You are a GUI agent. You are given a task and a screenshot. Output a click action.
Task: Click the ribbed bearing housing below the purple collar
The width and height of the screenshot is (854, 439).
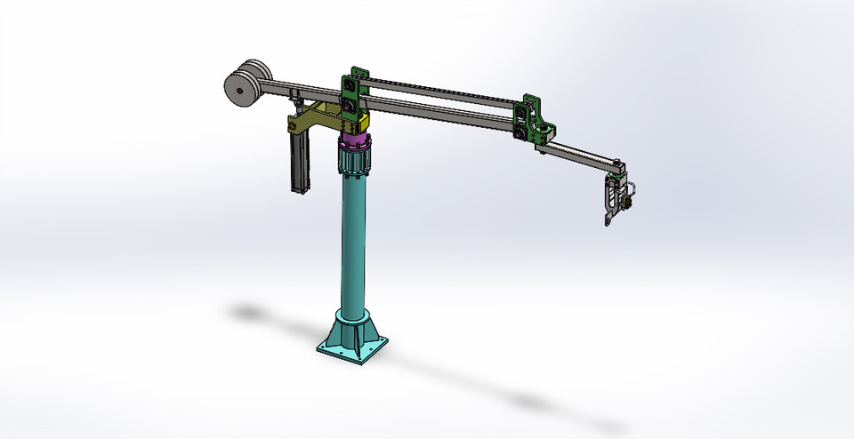click(355, 163)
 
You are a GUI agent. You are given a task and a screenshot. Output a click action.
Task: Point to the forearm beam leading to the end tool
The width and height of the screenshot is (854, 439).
click(583, 154)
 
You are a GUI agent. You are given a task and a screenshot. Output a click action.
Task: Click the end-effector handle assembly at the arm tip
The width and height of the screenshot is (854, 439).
click(616, 194)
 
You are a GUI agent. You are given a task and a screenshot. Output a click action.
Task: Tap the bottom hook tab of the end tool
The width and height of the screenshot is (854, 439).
click(607, 219)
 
